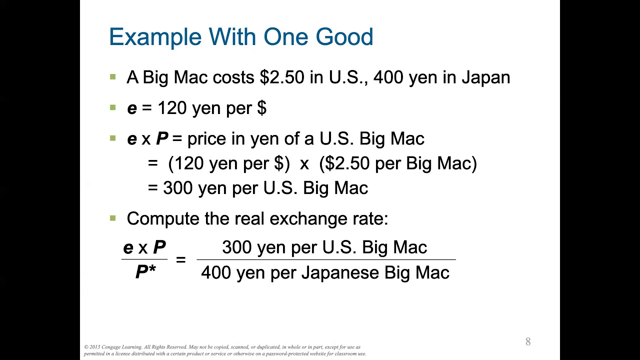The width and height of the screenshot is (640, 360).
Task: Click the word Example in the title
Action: [x=155, y=37]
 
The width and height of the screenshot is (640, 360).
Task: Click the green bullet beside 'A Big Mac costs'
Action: [x=112, y=77]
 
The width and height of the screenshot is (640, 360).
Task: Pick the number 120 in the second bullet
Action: [x=172, y=108]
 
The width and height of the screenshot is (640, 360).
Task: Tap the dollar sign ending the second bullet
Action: [x=261, y=108]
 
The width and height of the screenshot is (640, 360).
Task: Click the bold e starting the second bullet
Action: [x=132, y=108]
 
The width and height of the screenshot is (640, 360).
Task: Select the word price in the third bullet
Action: [x=206, y=139]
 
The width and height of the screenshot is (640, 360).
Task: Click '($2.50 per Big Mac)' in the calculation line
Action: [x=397, y=163]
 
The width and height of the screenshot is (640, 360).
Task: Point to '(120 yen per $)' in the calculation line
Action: [x=229, y=163]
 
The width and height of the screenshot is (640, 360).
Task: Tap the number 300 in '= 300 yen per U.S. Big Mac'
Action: [x=178, y=188]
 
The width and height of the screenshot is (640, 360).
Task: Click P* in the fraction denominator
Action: [x=145, y=272]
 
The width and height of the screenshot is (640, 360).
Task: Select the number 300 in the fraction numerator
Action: [x=237, y=247]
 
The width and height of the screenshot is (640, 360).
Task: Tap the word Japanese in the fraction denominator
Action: [x=340, y=273]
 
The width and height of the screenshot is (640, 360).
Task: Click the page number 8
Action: [x=528, y=342]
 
